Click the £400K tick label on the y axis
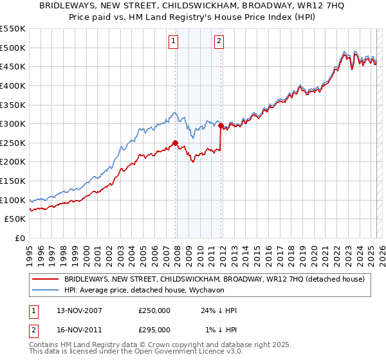click(x=13, y=85)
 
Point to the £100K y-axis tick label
click(x=13, y=200)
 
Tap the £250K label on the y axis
click(x=13, y=143)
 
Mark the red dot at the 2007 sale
click(x=175, y=143)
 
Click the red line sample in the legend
click(x=45, y=280)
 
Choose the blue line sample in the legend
click(x=45, y=290)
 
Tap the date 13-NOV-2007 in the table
click(x=75, y=310)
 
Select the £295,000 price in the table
click(x=154, y=330)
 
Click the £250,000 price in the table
click(x=154, y=310)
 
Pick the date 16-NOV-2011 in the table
click(x=75, y=330)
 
